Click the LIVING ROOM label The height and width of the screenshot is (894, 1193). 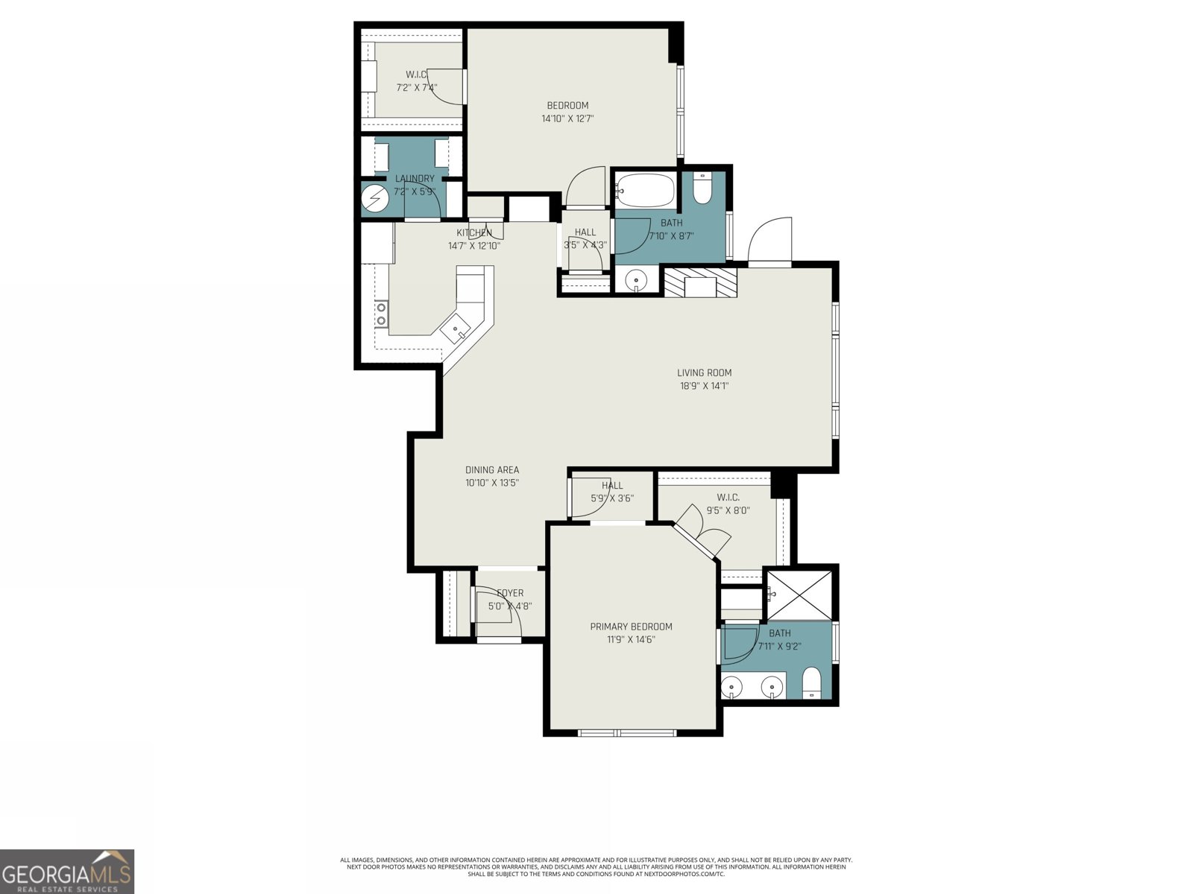click(704, 372)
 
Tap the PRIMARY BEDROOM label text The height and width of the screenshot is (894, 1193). click(631, 627)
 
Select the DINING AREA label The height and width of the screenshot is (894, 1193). click(491, 469)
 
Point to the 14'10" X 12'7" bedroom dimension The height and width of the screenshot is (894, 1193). click(567, 118)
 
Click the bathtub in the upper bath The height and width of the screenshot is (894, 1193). click(646, 190)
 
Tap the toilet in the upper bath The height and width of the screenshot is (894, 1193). click(702, 189)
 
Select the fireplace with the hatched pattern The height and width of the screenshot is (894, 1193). click(700, 283)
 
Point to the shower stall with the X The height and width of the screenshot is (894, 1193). click(799, 594)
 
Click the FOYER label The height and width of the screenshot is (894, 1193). click(510, 593)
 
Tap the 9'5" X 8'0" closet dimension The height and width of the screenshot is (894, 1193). click(728, 510)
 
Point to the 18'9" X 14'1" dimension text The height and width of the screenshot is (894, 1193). click(704, 386)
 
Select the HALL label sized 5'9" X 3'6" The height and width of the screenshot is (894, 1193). click(612, 485)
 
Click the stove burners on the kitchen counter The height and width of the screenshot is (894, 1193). click(381, 313)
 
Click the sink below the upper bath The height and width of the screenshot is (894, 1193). click(636, 281)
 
